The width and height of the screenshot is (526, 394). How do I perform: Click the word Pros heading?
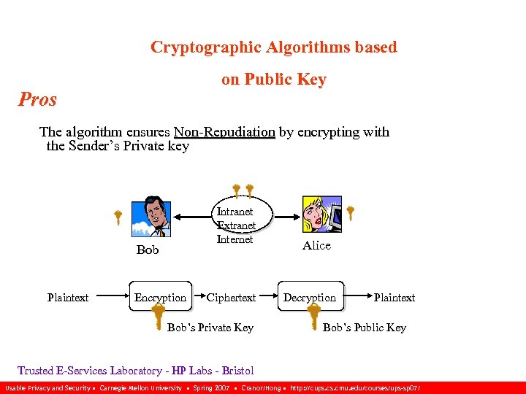pyautogui.click(x=37, y=99)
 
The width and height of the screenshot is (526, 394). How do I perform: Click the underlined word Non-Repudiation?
pyautogui.click(x=224, y=132)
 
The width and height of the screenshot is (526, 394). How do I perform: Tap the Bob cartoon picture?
pyautogui.click(x=151, y=216)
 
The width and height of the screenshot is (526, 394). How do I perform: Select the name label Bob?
pyautogui.click(x=148, y=250)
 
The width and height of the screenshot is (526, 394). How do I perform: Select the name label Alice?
pyautogui.click(x=316, y=245)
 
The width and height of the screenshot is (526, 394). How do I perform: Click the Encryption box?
pyautogui.click(x=161, y=297)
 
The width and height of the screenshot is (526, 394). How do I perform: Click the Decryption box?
pyautogui.click(x=310, y=297)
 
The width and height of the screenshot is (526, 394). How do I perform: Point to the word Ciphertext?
pyautogui.click(x=231, y=297)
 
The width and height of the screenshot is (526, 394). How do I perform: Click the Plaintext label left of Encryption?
pyautogui.click(x=68, y=297)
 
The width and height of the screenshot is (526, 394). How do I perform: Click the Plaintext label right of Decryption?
pyautogui.click(x=394, y=297)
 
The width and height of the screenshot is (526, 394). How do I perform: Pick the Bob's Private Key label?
pyautogui.click(x=210, y=328)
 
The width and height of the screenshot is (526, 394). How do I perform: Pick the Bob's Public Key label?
pyautogui.click(x=365, y=328)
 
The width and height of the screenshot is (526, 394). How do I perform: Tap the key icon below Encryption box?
pyautogui.click(x=157, y=317)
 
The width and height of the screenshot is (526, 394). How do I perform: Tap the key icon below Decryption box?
pyautogui.click(x=313, y=317)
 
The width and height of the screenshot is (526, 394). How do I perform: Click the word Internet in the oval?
pyautogui.click(x=235, y=239)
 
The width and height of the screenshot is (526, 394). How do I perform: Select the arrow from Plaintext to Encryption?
pyautogui.click(x=110, y=297)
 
